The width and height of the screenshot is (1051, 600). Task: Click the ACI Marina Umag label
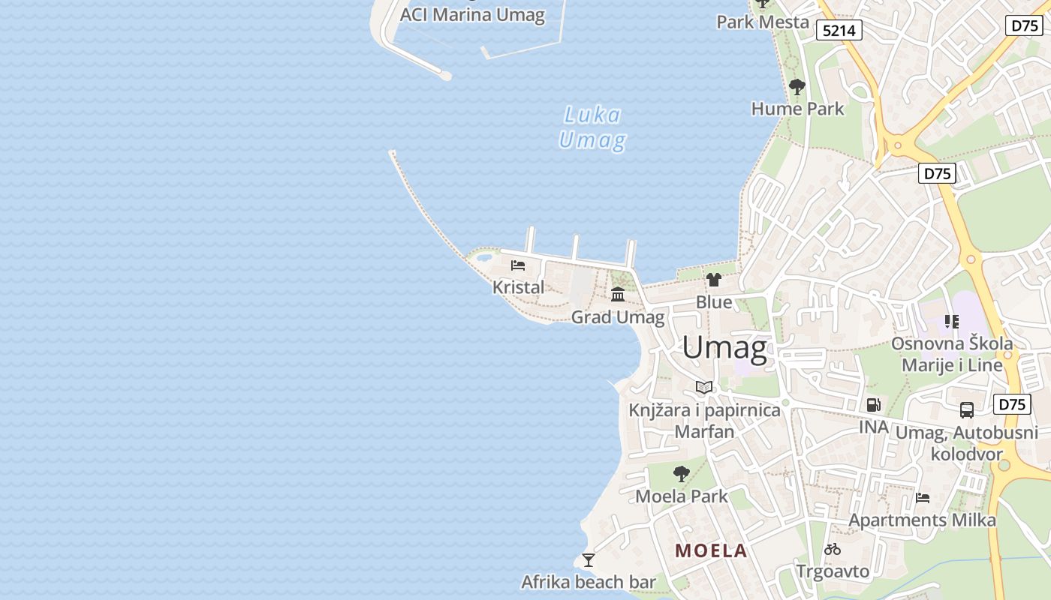pos(472,15)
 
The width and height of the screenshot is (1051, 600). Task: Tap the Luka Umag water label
pos(592,127)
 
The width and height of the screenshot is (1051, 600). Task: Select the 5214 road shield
pos(839,30)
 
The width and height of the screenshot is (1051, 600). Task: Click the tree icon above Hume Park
pos(797,88)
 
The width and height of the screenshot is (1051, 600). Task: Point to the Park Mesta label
pos(762,22)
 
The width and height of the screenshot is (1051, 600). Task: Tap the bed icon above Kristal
pos(518,265)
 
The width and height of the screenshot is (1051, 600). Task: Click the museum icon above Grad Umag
pos(618,294)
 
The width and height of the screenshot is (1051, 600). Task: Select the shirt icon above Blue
pos(713,280)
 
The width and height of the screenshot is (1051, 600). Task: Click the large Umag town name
pos(724,348)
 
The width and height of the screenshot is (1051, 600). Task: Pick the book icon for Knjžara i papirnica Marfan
pos(704,387)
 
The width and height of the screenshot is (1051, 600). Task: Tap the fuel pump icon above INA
pos(873,405)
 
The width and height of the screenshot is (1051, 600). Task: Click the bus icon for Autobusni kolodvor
pos(967,410)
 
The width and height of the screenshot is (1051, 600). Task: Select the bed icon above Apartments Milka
pos(923,498)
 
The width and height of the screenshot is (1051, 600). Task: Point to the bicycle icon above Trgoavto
pos(833,549)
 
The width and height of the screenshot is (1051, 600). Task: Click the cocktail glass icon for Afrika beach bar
pos(589,560)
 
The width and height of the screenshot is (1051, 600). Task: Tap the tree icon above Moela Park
pos(682,474)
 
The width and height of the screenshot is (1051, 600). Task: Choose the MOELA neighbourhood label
pos(711,551)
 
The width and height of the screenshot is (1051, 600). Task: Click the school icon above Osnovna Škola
pos(952,322)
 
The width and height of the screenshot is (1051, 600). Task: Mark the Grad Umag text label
pos(618,318)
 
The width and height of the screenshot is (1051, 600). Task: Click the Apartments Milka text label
pos(922,520)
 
